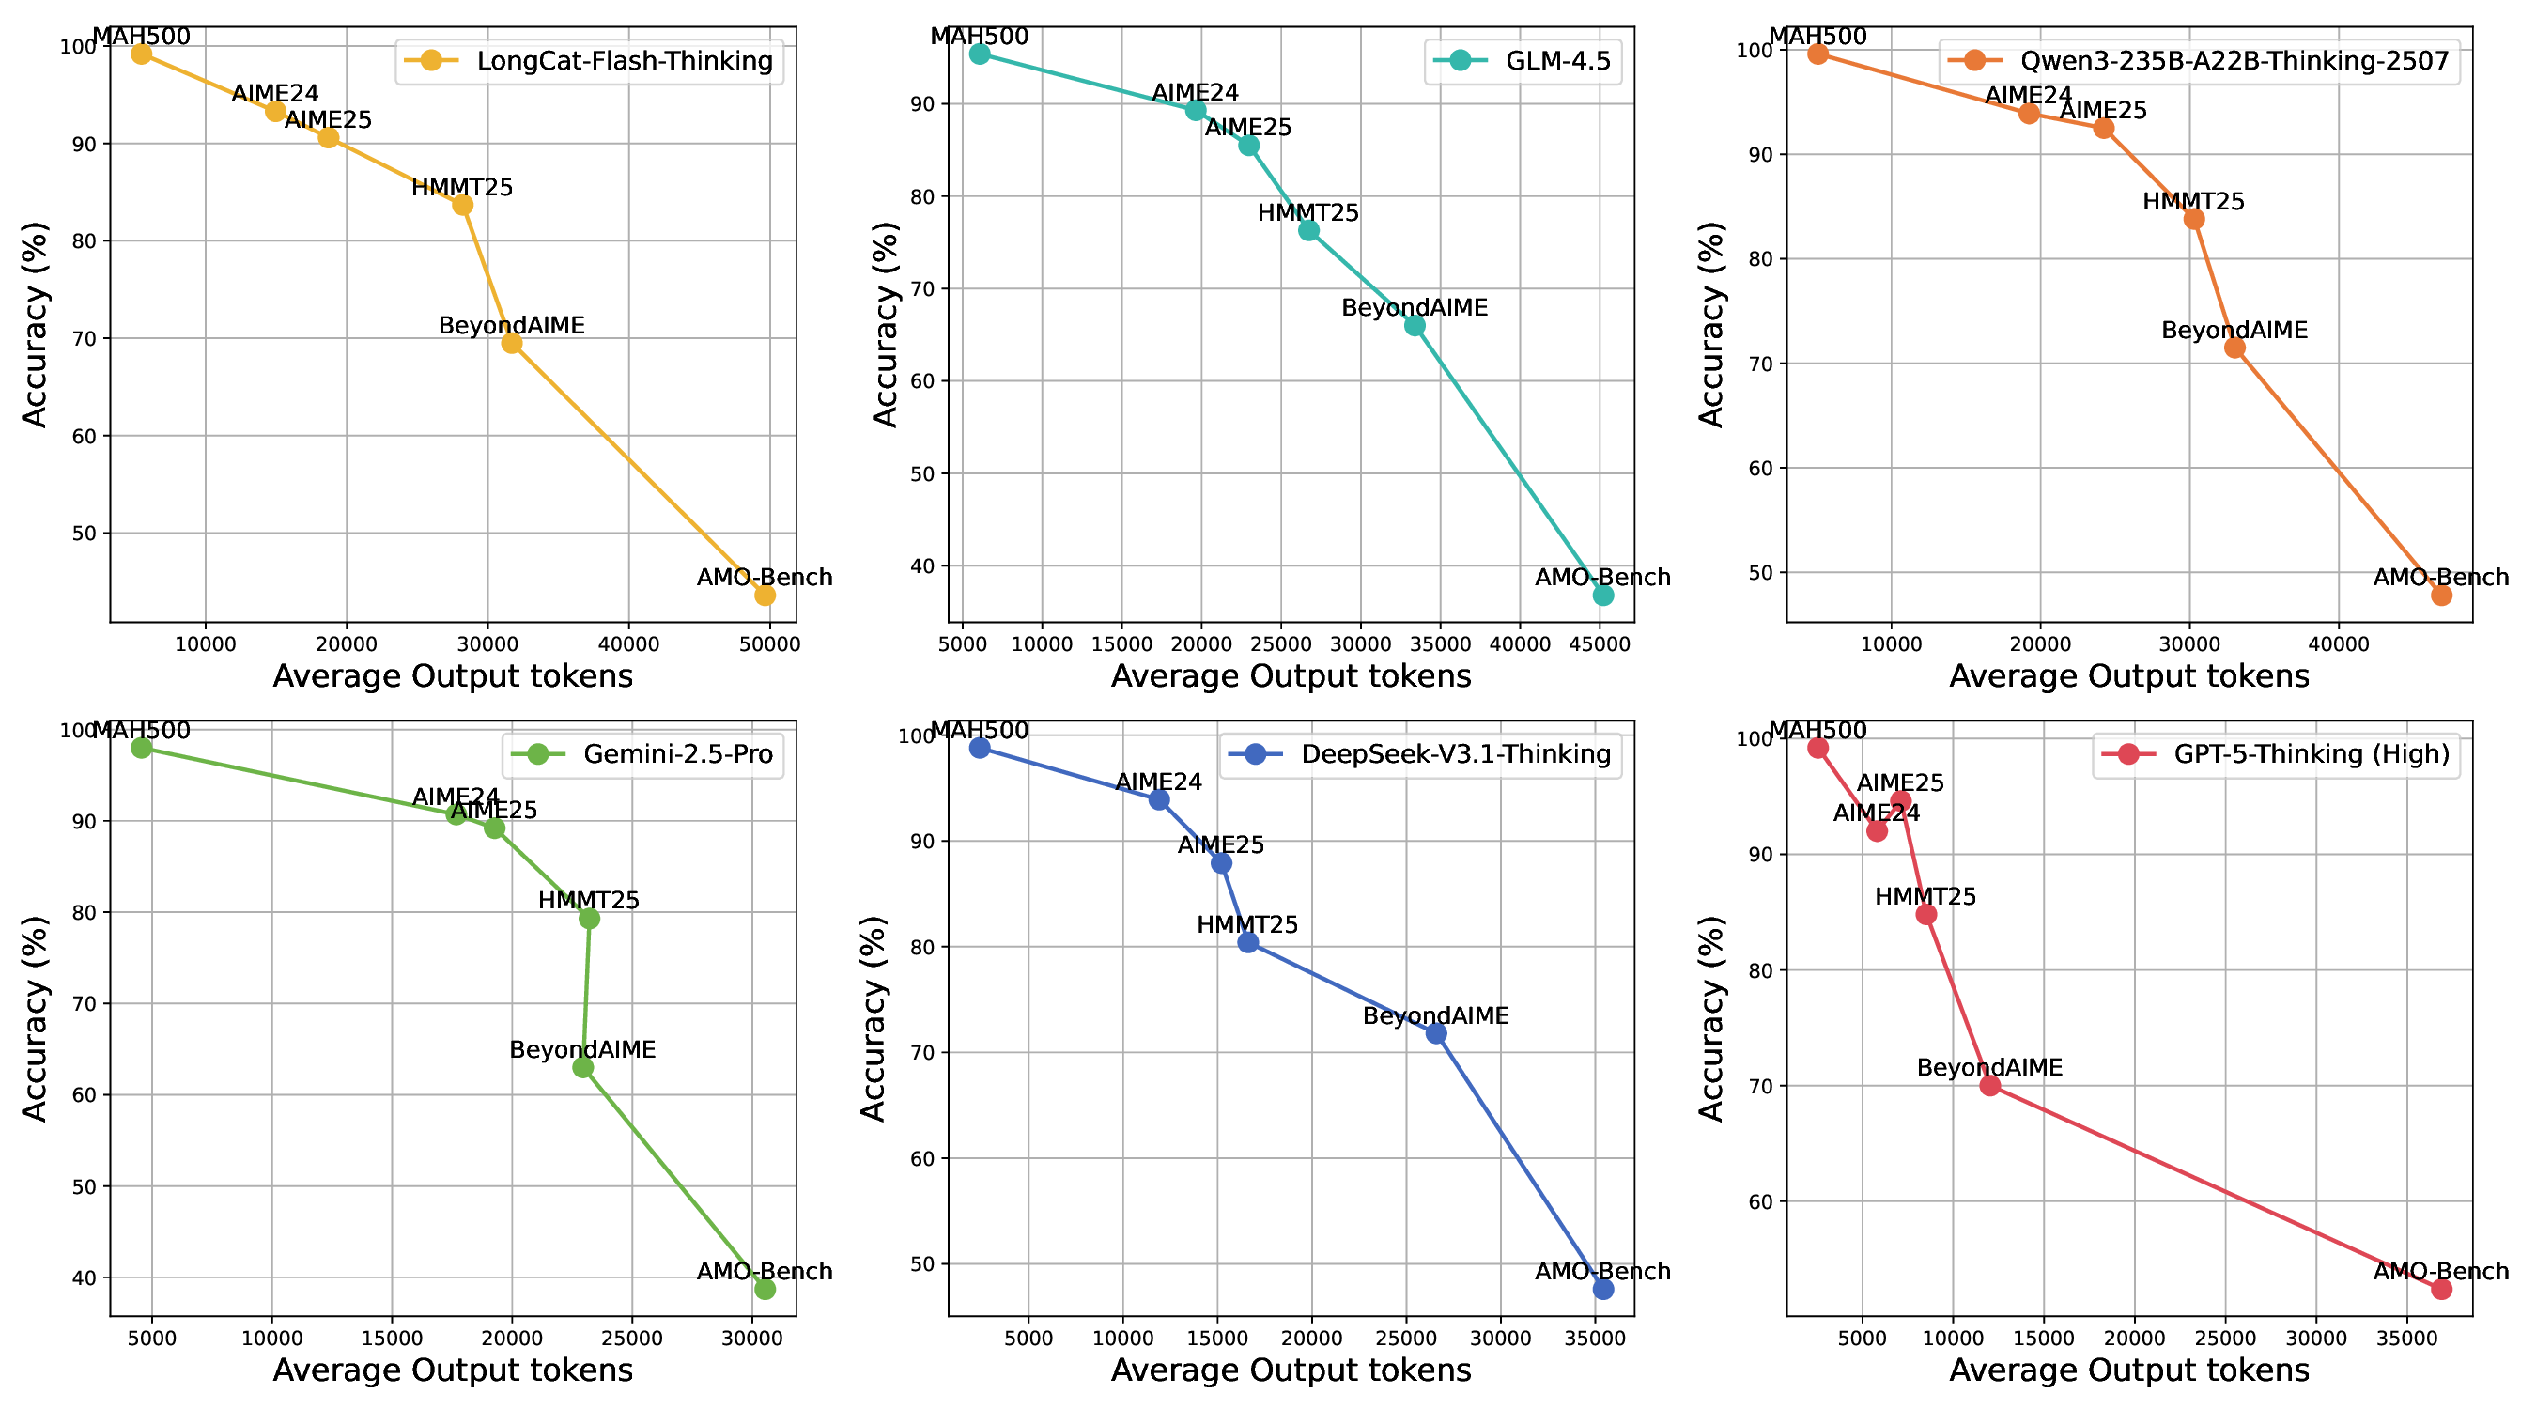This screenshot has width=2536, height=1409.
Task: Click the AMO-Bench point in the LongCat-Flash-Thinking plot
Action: tap(765, 595)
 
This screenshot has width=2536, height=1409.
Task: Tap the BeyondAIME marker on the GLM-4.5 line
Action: tap(1415, 325)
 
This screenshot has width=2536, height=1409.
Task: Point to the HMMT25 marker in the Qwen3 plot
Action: tap(2193, 219)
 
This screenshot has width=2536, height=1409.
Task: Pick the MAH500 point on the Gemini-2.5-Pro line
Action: tap(142, 748)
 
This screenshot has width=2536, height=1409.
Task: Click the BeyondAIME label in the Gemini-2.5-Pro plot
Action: tap(582, 1049)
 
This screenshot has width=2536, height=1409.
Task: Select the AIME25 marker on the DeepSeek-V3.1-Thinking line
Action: tap(1221, 862)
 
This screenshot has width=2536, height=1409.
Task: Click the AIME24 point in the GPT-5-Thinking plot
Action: tap(1877, 830)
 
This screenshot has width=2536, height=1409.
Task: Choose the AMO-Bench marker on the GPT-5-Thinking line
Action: tap(2441, 1289)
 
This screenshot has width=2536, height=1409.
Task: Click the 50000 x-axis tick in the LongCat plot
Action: tap(770, 645)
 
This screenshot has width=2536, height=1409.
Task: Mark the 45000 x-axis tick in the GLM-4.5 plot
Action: tap(1600, 645)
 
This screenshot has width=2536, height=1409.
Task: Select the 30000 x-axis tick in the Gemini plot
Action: tap(752, 1339)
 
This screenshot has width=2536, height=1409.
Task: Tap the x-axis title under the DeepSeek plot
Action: tap(1291, 1370)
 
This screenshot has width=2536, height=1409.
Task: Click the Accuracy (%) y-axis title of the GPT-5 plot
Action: tap(1712, 1018)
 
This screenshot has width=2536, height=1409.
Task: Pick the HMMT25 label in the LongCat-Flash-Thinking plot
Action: tap(462, 187)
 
